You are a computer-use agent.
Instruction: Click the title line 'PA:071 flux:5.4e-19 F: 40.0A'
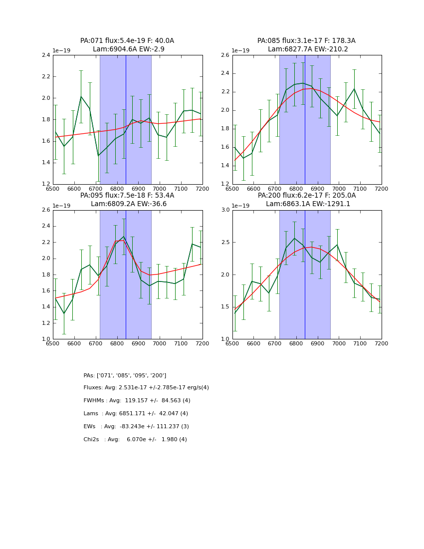pos(127,41)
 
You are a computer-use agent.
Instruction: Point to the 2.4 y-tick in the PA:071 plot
pos(45,55)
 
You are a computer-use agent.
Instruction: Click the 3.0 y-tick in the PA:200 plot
pos(225,210)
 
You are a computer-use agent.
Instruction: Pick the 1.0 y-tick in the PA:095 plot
pos(45,339)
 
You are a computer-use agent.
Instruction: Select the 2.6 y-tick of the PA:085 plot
pos(225,55)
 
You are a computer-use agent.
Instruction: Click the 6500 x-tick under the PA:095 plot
pos(53,344)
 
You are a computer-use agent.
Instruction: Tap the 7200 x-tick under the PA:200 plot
pos(381,344)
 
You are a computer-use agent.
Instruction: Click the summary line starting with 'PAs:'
pos(125,375)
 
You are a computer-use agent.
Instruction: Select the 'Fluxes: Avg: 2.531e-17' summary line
pos(146,388)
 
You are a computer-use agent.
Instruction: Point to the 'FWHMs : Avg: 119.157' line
pos(137,401)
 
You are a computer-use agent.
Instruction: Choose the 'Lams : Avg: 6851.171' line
pos(136,414)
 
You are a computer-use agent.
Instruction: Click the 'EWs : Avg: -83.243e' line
pos(136,427)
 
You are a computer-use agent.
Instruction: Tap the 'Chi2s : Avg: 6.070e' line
pos(135,440)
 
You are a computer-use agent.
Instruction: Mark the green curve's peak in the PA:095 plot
pos(124,237)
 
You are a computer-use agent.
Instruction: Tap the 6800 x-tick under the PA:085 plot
pos(296,189)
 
